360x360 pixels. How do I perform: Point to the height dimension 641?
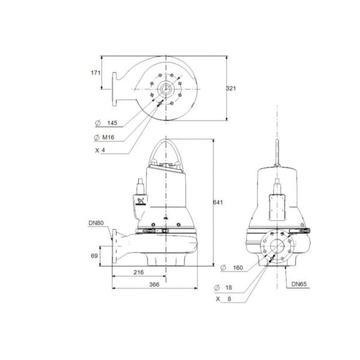220,202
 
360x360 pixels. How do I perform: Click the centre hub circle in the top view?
164,89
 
